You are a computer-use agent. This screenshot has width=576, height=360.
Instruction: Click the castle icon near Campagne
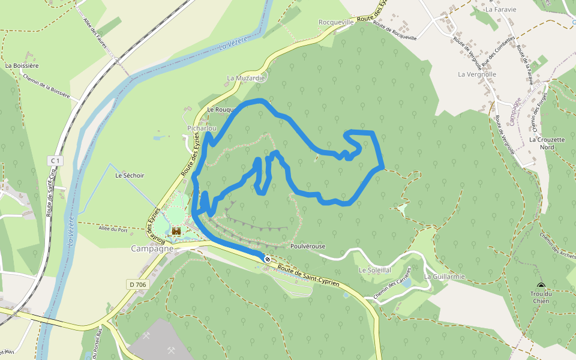pos(176,230)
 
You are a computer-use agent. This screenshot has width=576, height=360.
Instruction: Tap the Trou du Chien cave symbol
pos(541,287)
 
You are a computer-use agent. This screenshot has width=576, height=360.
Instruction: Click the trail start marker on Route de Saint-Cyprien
pos(267,259)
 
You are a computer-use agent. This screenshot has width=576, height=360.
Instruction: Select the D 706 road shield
pos(137,284)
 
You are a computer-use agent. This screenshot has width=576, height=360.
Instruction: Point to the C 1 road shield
pos(55,161)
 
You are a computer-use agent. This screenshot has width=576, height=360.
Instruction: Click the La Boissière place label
pos(22,65)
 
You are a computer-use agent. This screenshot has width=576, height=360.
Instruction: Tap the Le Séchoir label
pos(130,175)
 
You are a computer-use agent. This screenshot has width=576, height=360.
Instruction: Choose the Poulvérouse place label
pos(307,247)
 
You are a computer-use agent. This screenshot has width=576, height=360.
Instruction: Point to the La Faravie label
pos(501,10)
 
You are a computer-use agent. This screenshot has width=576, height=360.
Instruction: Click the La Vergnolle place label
pos(477,74)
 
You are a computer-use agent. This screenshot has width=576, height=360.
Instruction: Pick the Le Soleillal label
pos(375,271)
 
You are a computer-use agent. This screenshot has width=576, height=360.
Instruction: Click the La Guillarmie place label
pos(444,277)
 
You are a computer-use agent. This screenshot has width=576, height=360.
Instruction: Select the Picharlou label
pos(202,128)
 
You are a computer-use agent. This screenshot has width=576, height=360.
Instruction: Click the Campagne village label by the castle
pos(152,248)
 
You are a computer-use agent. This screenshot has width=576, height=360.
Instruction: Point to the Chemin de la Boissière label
pos(47,86)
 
